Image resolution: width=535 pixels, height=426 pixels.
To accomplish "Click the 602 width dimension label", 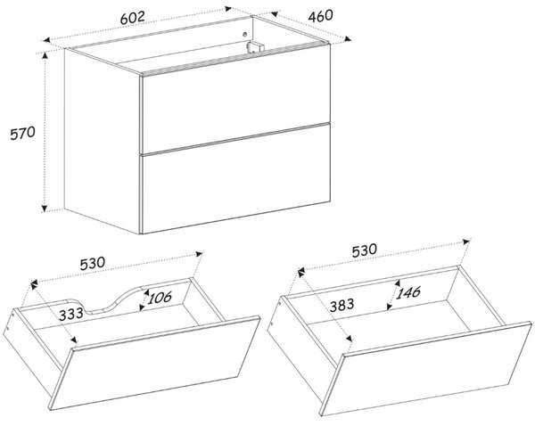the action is [133, 18].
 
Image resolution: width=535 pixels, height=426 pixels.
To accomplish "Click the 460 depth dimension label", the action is [320, 16].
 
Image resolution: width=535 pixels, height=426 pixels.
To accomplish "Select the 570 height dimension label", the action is [22, 133].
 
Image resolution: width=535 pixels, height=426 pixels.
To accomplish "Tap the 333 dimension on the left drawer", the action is [71, 314].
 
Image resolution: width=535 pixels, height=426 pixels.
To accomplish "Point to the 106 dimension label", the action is [160, 298].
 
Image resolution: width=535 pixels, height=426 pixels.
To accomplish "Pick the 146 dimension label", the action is [409, 292].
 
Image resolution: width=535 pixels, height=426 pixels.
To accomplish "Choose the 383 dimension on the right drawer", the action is [342, 305].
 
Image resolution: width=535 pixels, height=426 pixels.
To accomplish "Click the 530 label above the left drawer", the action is [93, 263].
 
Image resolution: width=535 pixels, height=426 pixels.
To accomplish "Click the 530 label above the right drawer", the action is [365, 250].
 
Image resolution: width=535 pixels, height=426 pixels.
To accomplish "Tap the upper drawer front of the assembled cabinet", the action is [235, 108].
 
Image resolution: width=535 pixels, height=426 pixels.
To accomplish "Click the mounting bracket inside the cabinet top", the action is [255, 47].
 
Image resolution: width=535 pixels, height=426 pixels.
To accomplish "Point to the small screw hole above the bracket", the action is [244, 34].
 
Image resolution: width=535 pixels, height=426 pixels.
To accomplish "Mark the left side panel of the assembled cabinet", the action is [103, 142].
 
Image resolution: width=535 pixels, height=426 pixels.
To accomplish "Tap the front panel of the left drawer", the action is [155, 362].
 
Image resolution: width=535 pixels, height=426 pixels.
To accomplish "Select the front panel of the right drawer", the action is [426, 368].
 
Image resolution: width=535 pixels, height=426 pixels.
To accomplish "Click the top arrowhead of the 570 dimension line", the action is [45, 57].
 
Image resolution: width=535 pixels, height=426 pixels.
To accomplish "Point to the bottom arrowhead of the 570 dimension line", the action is [45, 208].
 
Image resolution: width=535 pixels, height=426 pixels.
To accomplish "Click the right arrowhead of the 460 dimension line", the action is [348, 39].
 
